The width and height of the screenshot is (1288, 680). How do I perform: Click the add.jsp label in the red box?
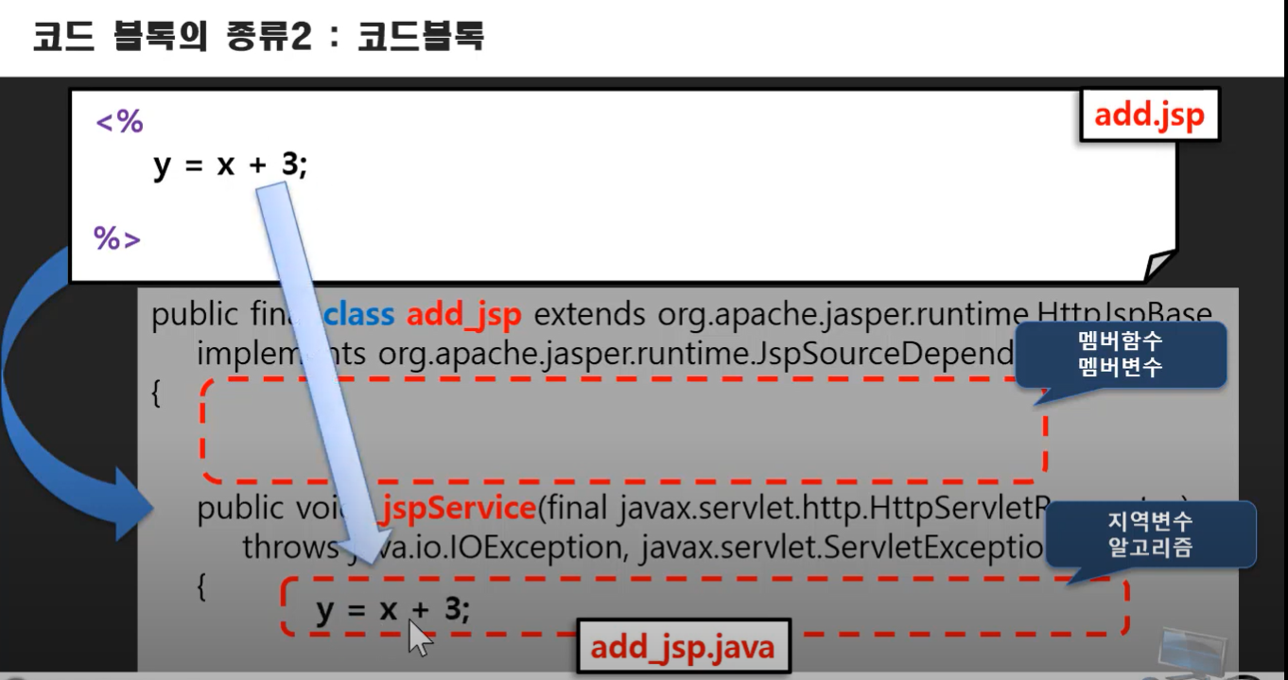[x=1149, y=115]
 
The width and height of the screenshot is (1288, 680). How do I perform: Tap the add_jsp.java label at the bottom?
[x=682, y=647]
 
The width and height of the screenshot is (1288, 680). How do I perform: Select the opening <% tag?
[x=119, y=121]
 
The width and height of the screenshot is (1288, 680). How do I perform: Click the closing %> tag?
[x=117, y=238]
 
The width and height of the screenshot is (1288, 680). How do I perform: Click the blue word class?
[x=359, y=315]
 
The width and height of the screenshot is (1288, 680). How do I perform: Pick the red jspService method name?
[x=459, y=509]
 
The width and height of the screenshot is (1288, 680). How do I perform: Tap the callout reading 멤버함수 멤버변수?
[x=1120, y=355]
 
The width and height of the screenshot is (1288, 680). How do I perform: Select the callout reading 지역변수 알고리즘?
[x=1150, y=534]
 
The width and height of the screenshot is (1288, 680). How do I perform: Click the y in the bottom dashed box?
[x=325, y=610]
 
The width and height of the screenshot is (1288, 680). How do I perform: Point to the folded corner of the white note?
[x=1157, y=266]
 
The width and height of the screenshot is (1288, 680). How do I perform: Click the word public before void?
[x=239, y=509]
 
